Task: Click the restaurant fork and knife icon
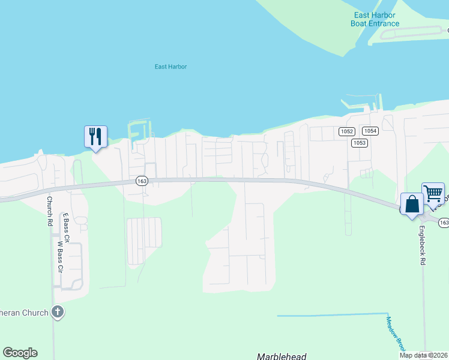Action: point(95,137)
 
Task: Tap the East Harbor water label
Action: point(170,67)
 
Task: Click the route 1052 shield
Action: point(346,131)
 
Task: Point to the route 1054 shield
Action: point(370,131)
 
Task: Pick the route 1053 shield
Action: point(359,142)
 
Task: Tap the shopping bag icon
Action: point(412,204)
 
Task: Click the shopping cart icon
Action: point(433,194)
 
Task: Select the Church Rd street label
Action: point(50,211)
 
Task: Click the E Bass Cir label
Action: point(65,228)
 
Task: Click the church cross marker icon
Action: point(58,312)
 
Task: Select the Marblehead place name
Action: point(282,356)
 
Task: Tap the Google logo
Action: point(20,353)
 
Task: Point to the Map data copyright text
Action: point(423,355)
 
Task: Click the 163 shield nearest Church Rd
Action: point(141,181)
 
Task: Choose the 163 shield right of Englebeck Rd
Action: point(444,223)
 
